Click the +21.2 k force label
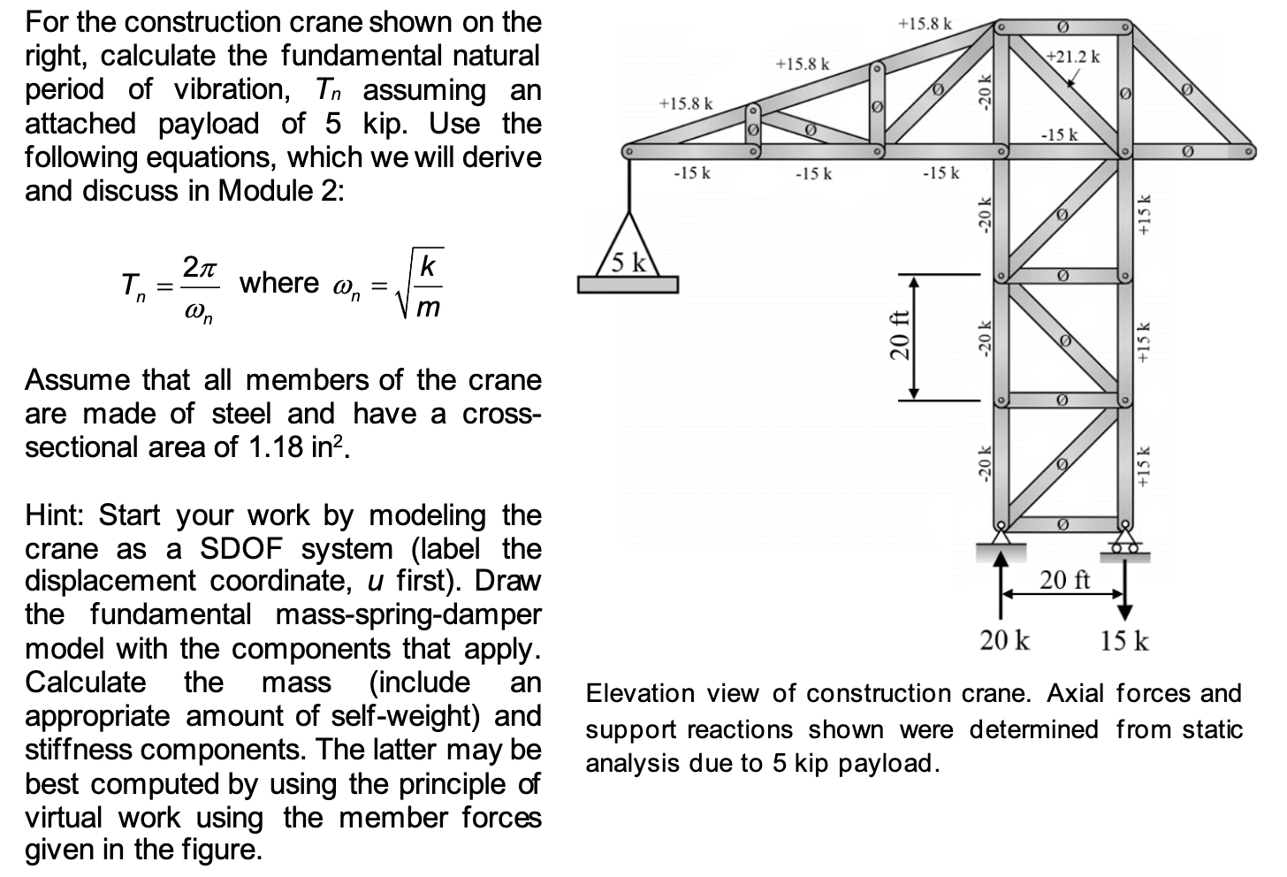pos(1072,57)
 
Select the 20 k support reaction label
pos(1004,640)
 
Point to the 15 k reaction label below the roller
pos(1124,640)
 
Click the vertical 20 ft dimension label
pos(899,335)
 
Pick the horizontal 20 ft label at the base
pos(1064,580)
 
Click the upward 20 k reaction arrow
pos(1001,583)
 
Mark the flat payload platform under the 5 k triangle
pos(628,284)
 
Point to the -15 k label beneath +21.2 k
pos(1059,135)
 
